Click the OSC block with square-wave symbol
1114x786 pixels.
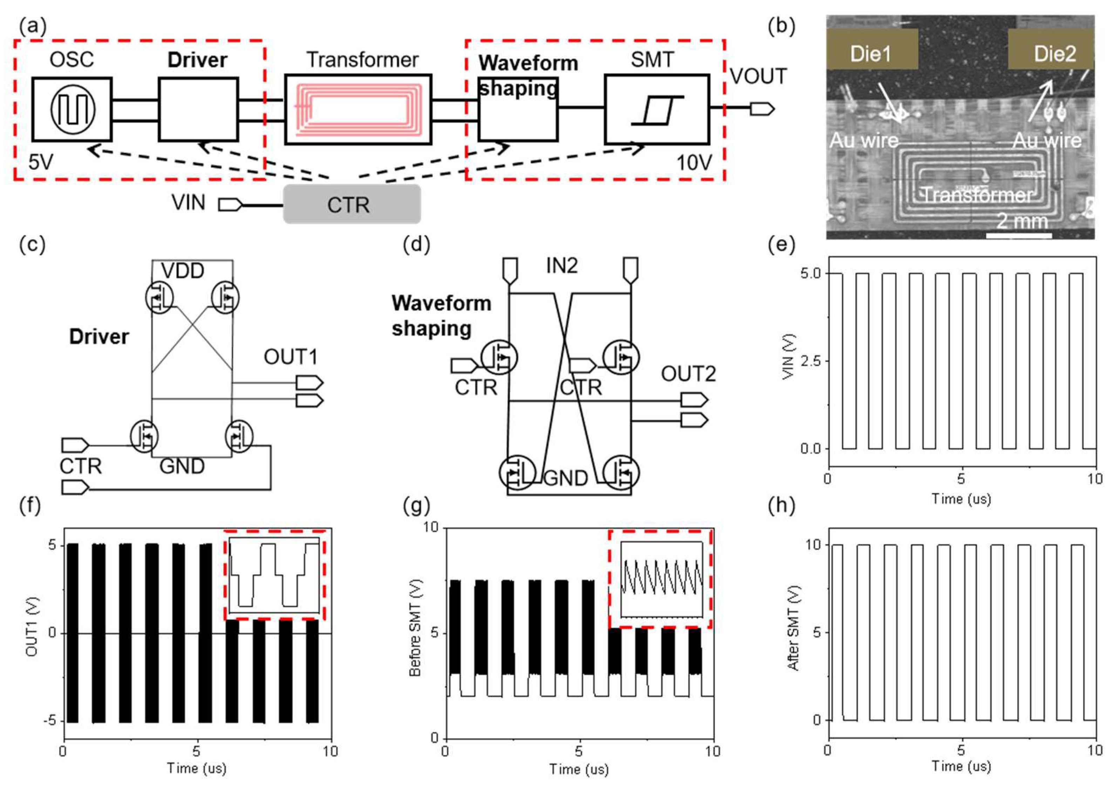(x=72, y=109)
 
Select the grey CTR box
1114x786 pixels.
(x=352, y=204)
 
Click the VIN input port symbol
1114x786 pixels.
(x=229, y=205)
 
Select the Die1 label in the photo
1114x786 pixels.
(x=871, y=53)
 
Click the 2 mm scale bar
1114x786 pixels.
(x=1019, y=235)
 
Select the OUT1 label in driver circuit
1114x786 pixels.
(x=290, y=357)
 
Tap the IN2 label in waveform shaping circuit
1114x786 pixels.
(x=562, y=266)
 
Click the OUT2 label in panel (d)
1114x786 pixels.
(x=688, y=374)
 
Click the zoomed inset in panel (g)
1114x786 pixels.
(x=661, y=579)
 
